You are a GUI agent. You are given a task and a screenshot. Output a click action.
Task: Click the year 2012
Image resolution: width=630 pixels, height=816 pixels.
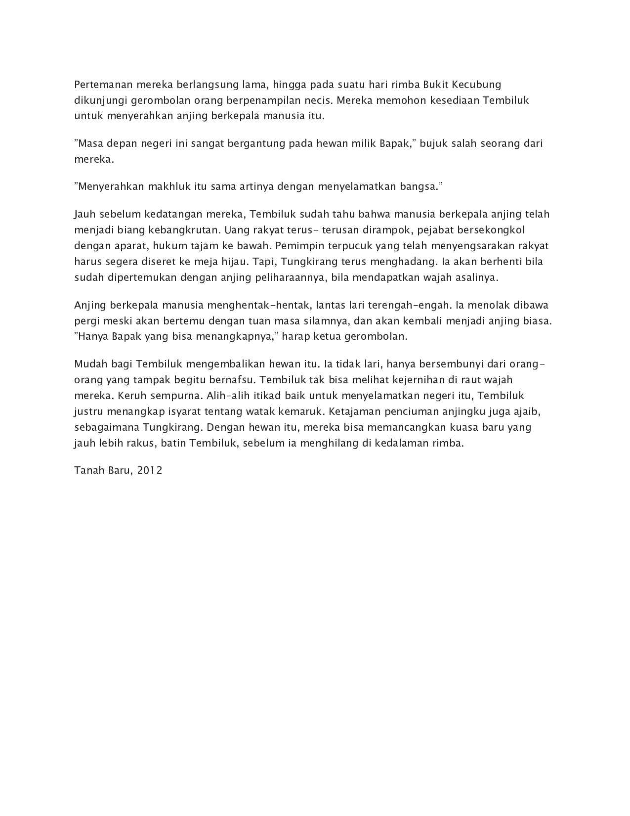pyautogui.click(x=150, y=470)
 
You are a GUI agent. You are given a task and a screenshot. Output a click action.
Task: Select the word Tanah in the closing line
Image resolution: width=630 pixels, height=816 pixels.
pyautogui.click(x=87, y=470)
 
